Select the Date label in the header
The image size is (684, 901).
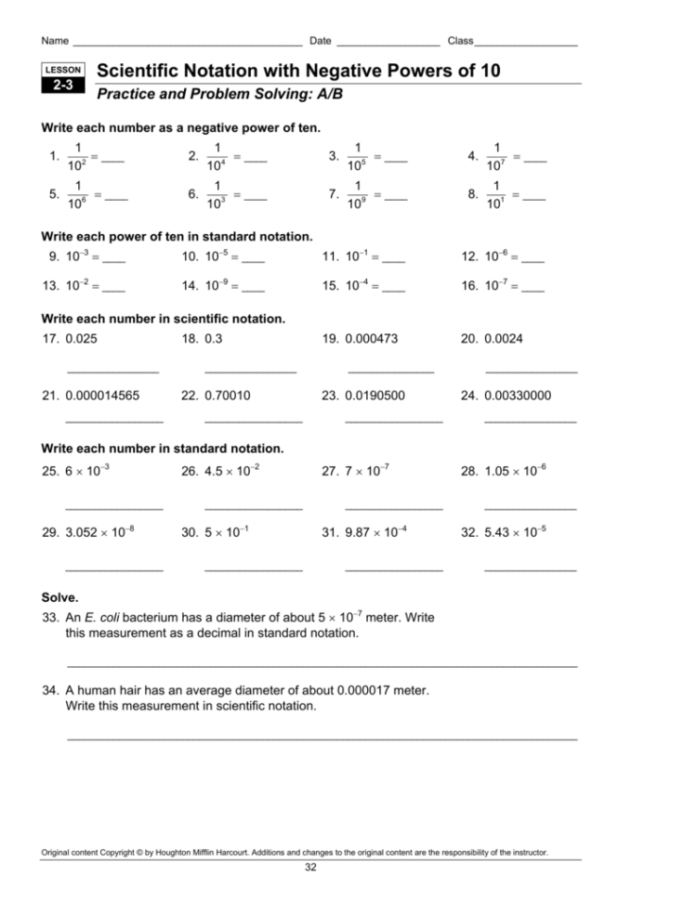(321, 41)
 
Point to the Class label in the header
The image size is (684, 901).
(460, 41)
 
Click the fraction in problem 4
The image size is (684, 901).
(498, 156)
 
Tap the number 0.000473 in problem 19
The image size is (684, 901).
(371, 339)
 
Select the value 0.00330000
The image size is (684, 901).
(518, 395)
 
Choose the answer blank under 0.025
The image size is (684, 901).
(112, 372)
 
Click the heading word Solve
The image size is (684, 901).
(60, 597)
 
